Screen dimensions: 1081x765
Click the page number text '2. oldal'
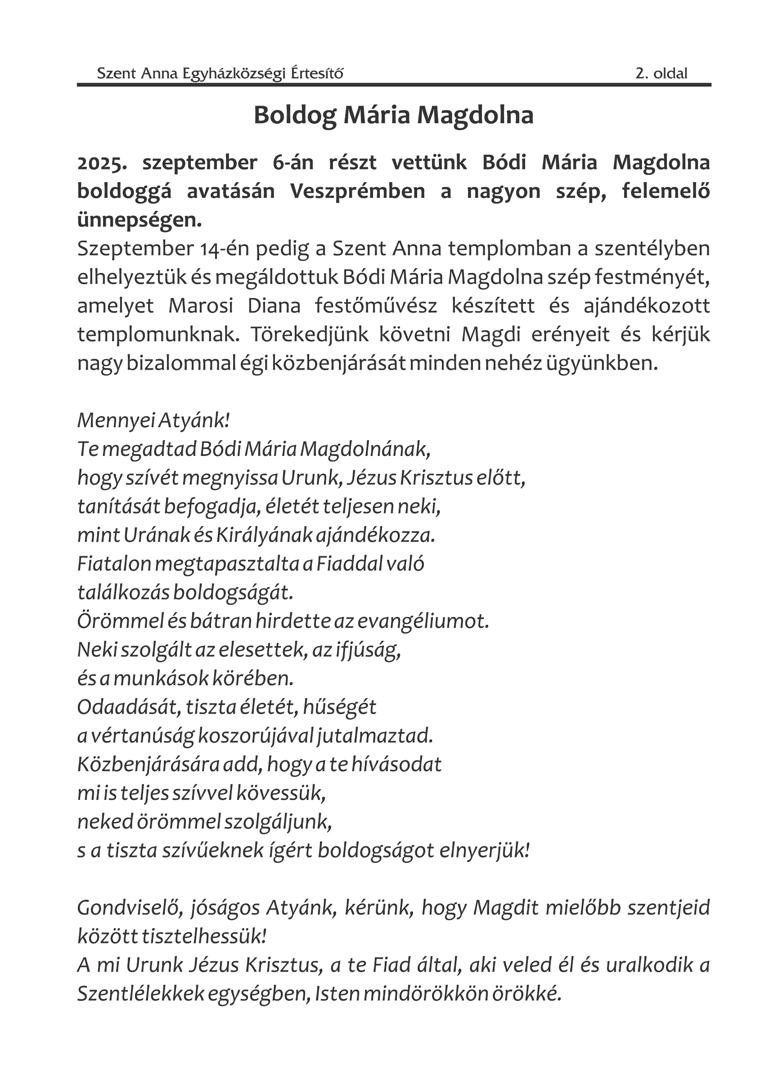point(661,73)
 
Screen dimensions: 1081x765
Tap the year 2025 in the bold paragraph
point(102,163)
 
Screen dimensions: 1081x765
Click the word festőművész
point(375,306)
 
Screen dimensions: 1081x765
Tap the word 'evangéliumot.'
point(423,621)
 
